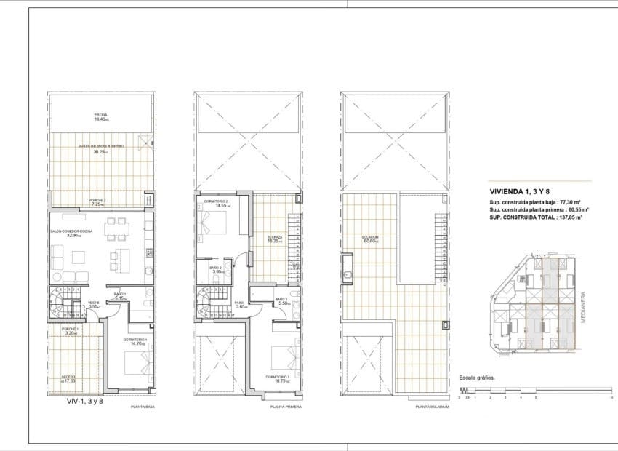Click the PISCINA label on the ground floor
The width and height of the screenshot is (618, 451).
[x=101, y=117]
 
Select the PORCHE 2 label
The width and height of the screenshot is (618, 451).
[x=100, y=201]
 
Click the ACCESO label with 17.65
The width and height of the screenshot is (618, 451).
[x=68, y=378]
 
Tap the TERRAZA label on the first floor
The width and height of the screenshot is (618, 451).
[x=274, y=239]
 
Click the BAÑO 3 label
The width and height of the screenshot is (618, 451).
[x=282, y=300]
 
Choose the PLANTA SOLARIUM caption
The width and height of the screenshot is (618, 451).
[x=431, y=408]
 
